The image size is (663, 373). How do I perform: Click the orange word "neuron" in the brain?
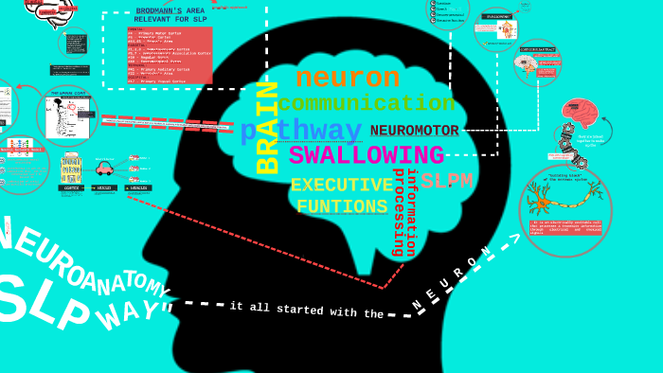point(348,78)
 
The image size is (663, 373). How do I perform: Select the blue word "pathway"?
point(301,131)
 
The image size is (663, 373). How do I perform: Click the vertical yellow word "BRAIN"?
point(269,128)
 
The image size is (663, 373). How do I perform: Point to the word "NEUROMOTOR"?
point(414,131)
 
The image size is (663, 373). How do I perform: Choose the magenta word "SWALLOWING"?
point(366,154)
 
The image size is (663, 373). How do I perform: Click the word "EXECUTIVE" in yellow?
point(341,185)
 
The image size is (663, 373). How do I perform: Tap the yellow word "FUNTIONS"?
point(341,206)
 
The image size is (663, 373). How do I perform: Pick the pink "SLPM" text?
point(447,181)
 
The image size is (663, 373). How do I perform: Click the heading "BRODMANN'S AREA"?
point(171,10)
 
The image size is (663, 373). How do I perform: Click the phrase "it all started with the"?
point(306,310)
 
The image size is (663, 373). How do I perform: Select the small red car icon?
point(104,168)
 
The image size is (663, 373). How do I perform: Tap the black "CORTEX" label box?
point(71,188)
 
